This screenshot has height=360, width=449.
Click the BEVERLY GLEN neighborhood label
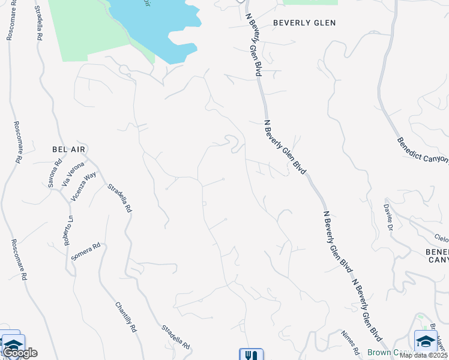tap(304, 23)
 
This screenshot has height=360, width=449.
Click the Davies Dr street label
tap(388, 215)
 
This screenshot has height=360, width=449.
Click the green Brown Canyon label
tap(387, 352)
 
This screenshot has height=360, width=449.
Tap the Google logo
tap(19, 353)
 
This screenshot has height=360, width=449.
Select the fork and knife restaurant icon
tap(251, 355)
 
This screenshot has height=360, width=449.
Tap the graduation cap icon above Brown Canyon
tap(426, 341)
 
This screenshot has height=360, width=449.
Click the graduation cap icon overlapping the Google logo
tap(12, 344)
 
